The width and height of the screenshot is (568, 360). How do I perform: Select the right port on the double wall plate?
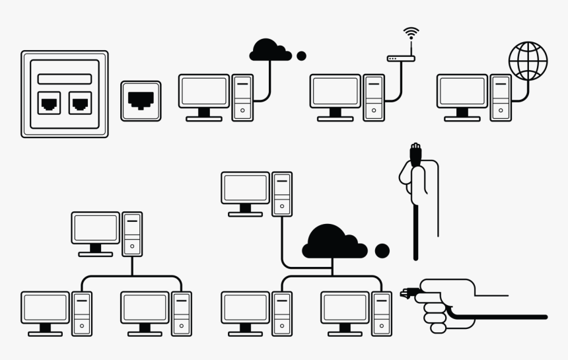[x=79, y=102]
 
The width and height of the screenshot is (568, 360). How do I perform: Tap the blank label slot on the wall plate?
[x=64, y=79]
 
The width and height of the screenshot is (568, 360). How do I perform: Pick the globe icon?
[x=528, y=60]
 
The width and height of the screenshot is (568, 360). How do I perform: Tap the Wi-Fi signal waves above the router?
[x=411, y=32]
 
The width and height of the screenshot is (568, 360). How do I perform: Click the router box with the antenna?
[x=401, y=59]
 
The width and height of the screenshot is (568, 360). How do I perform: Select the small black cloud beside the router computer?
[x=270, y=50]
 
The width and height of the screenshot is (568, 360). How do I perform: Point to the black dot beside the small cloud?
[x=301, y=56]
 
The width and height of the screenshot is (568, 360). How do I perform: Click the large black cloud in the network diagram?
[x=334, y=243]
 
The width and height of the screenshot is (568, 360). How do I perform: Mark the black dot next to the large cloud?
[x=382, y=251]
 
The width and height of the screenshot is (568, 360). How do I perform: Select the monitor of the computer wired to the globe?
[x=462, y=91]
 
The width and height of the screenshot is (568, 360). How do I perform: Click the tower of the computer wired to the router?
[x=374, y=97]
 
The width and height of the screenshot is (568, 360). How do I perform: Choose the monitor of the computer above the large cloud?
[x=245, y=188]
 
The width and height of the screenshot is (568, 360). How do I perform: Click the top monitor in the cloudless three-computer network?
[x=96, y=229]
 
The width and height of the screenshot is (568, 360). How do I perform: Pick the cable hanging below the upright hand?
[x=415, y=231]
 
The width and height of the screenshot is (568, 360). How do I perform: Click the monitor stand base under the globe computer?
[x=462, y=119]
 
